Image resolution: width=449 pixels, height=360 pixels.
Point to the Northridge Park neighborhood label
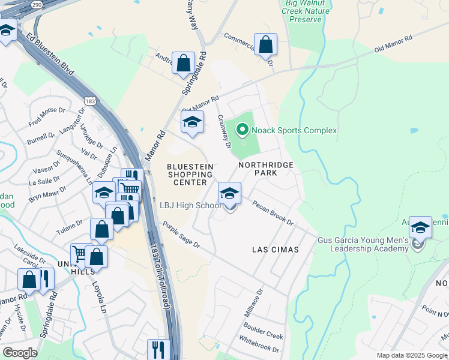(x=265, y=169)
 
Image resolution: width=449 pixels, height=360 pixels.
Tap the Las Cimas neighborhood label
(x=275, y=249)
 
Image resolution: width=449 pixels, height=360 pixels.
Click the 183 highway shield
(x=90, y=101)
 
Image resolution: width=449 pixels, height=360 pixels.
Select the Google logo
(x=20, y=353)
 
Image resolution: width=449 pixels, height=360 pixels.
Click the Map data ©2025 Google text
(x=411, y=355)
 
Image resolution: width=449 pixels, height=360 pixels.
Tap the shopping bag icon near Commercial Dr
(x=265, y=44)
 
